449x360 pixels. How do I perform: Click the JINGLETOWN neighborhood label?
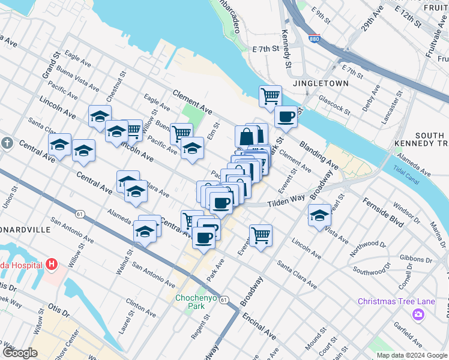click(316, 85)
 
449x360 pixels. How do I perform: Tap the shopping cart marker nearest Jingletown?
click(271, 95)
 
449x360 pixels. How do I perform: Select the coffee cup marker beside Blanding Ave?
click(286, 116)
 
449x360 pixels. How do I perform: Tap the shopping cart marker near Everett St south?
click(261, 235)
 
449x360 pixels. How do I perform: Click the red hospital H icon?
click(52, 264)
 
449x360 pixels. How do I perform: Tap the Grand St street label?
click(49, 65)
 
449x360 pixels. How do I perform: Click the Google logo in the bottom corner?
click(20, 353)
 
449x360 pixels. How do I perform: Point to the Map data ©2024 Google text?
click(412, 355)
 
